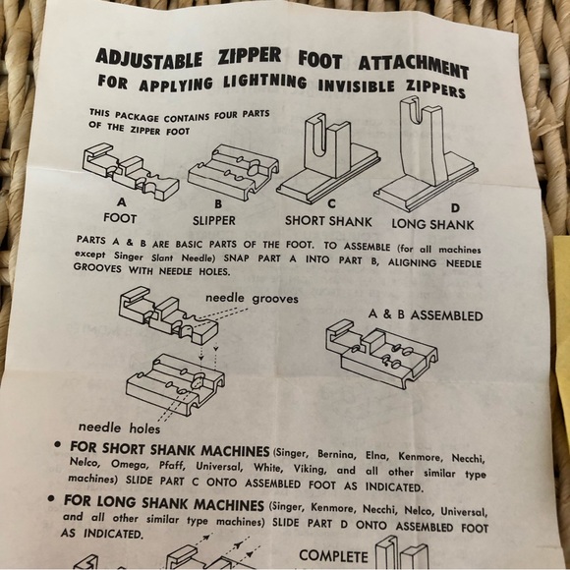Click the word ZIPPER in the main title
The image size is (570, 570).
tap(250, 56)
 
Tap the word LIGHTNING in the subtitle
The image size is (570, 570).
tap(265, 81)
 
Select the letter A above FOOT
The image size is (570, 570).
tap(122, 201)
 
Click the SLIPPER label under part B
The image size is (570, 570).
tap(214, 220)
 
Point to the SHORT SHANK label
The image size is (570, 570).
tap(328, 221)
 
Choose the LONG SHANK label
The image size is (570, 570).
tap(432, 224)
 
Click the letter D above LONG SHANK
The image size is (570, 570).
tap(455, 208)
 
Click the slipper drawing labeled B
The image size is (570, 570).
tap(233, 171)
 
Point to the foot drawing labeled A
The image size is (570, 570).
tap(131, 170)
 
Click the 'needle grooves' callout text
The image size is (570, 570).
tap(252, 299)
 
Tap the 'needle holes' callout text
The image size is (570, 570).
tap(119, 427)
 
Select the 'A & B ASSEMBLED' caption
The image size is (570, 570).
tap(426, 314)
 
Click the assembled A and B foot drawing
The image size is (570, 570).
tap(382, 354)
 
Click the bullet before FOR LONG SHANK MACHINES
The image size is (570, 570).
tap(51, 498)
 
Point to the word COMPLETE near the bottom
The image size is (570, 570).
tap(333, 556)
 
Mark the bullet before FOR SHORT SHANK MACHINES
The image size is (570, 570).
tap(57, 444)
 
